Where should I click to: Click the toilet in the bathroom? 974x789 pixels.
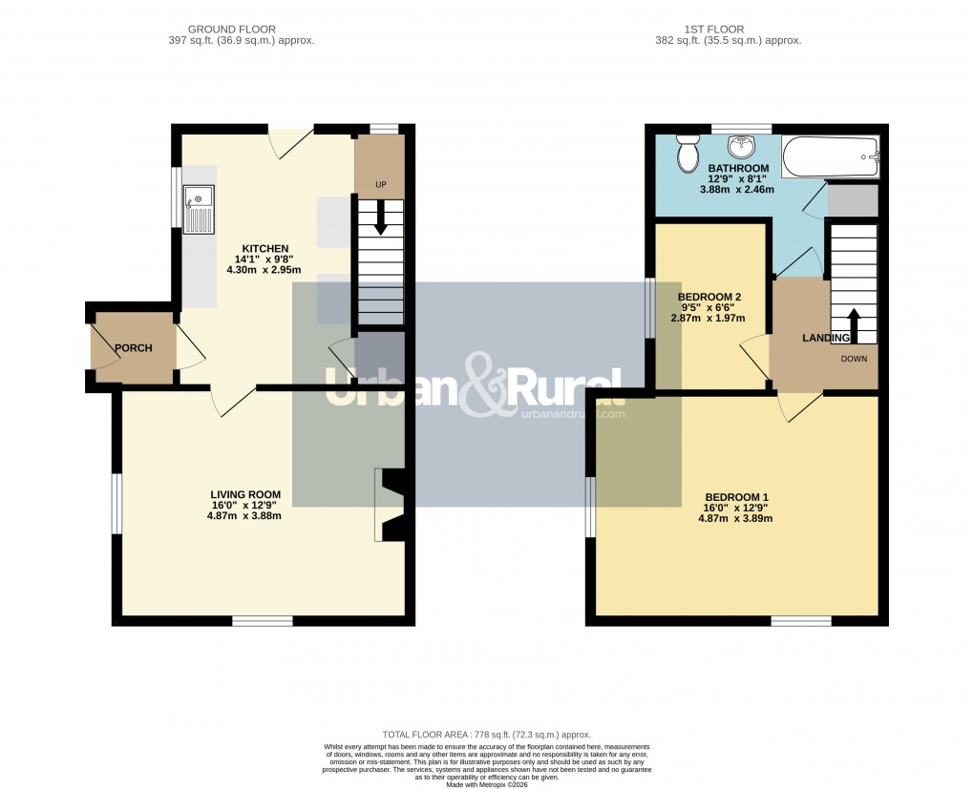687,153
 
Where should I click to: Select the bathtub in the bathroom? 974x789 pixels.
829,157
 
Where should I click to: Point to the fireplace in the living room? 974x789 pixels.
392,505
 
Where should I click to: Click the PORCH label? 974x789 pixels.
134,348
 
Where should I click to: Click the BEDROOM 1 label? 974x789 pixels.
736,497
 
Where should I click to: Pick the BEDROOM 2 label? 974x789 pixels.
709,297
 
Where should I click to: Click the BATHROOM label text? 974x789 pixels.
738,168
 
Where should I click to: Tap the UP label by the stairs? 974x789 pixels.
380,183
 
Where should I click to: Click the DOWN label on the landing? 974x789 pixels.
854,360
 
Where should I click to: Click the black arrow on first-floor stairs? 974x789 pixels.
854,324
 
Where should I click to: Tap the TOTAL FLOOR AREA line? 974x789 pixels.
487,735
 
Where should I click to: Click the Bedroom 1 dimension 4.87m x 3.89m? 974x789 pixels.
735,518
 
